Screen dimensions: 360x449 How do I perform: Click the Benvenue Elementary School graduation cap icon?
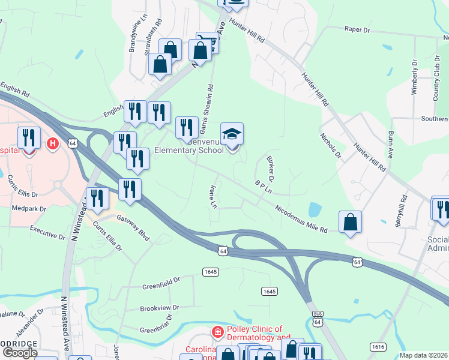coord(232,134)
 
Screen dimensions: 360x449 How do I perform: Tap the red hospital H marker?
coord(53,143)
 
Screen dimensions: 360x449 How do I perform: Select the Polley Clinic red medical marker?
coord(217,331)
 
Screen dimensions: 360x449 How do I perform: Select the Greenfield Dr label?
coord(160,281)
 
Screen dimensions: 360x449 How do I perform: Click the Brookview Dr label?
coord(160,308)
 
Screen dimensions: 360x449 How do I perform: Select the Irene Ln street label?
coord(212,197)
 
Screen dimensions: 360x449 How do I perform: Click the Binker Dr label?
coord(269,169)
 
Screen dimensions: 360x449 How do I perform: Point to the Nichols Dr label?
coord(331,146)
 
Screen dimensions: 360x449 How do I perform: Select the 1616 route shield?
coord(378,347)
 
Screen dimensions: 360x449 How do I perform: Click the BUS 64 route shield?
coord(318,319)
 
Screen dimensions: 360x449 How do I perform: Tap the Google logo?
coord(20,353)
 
